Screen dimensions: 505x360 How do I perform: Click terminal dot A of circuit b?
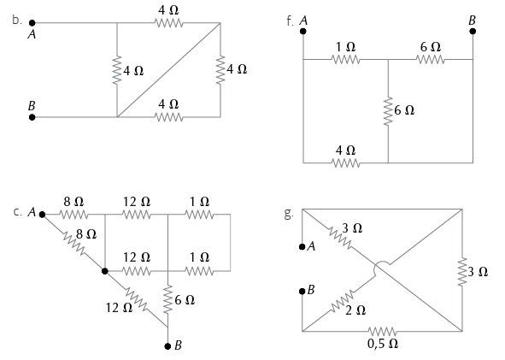pos(32,23)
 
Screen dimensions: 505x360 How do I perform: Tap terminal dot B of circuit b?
pos(32,117)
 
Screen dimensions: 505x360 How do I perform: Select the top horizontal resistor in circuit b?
pos(169,23)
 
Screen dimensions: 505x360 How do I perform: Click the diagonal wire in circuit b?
pos(169,70)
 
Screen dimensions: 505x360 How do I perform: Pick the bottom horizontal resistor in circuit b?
pos(169,117)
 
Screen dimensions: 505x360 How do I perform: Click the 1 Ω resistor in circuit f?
pos(345,59)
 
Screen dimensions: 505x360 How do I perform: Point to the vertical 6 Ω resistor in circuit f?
pos(388,111)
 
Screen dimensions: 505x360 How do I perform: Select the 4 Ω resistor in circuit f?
pos(345,162)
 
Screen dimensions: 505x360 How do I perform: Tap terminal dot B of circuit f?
pos(473,31)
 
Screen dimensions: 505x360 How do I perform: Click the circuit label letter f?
pos(289,21)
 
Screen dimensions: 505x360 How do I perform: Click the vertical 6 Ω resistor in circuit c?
pos(167,299)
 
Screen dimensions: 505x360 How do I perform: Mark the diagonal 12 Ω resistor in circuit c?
pos(136,298)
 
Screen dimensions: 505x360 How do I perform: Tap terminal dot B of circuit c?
pos(167,346)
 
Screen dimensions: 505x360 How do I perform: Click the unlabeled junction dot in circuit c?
pos(104,271)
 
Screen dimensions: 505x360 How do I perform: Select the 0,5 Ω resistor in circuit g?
pos(382,331)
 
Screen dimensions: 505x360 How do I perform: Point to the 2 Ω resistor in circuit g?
pos(342,301)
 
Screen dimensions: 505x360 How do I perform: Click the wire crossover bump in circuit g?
pos(382,269)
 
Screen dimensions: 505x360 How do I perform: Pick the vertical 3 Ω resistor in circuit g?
pos(462,271)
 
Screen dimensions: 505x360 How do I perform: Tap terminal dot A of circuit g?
pos(302,247)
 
